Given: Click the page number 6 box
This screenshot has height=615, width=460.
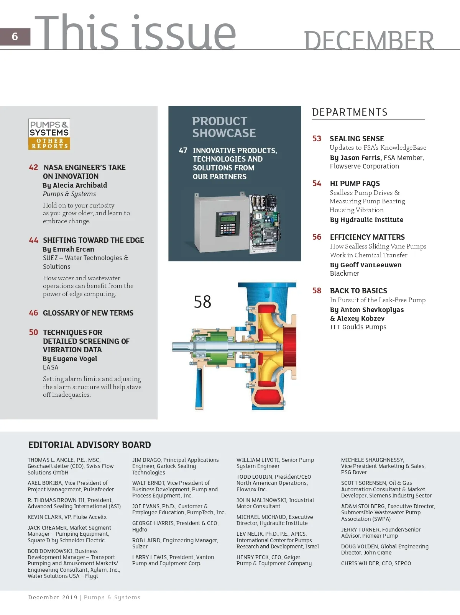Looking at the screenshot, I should [x=15, y=37].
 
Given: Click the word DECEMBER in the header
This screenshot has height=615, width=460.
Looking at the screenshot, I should [x=368, y=41].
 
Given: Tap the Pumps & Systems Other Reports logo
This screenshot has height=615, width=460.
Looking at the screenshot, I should [x=49, y=134].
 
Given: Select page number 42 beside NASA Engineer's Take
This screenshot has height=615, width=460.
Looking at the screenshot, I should [x=33, y=167].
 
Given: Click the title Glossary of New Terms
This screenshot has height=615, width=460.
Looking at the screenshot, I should [x=88, y=313].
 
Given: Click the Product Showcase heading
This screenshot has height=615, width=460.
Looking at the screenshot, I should [x=224, y=127].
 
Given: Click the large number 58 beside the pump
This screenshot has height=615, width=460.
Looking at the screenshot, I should [x=202, y=302].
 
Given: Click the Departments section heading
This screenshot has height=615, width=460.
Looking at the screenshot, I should [x=350, y=112].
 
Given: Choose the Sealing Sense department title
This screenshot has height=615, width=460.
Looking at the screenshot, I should [x=356, y=139].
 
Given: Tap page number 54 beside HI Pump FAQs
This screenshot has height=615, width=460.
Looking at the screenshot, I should [x=317, y=183].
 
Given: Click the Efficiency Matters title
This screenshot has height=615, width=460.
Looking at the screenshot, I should [x=367, y=237].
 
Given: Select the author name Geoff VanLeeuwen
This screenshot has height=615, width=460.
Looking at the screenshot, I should [x=371, y=265].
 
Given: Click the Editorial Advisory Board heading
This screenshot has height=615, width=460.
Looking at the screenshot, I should [x=90, y=445].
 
